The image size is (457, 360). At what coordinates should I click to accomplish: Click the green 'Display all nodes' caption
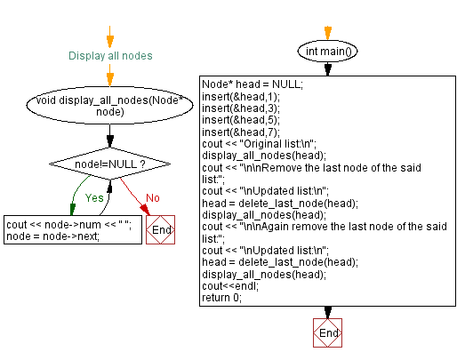pos(110,55)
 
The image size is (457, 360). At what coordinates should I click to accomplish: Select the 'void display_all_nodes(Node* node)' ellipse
pos(110,106)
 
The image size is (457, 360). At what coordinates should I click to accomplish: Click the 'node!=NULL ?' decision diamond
pos(110,164)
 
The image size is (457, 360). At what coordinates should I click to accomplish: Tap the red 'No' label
pos(153,197)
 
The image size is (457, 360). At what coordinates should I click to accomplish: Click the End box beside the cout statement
pos(161,229)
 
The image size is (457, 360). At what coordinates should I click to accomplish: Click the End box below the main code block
pos(327,333)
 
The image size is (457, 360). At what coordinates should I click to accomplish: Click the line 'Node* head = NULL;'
pos(253,84)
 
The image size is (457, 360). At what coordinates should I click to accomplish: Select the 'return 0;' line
pos(222,299)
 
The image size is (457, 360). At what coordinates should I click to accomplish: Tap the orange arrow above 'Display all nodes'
pos(110,37)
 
